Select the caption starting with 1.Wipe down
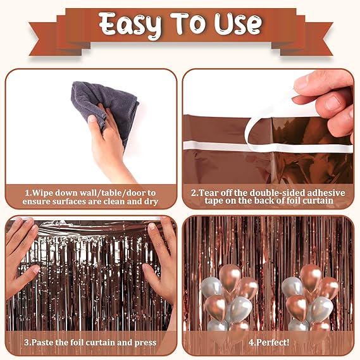click(91, 196)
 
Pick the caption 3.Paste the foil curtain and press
click(91, 343)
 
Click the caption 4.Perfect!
click(268, 343)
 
